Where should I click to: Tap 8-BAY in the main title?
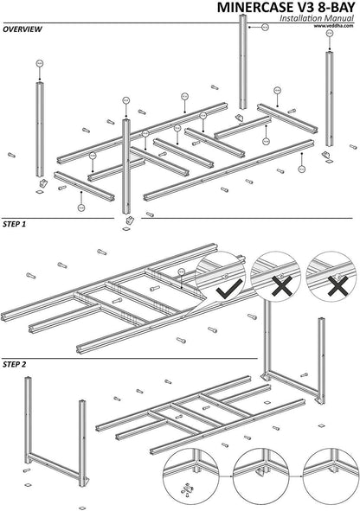(x=329, y=8)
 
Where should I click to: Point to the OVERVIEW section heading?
(x=22, y=29)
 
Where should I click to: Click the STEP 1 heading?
(x=15, y=224)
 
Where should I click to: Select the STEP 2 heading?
(x=15, y=365)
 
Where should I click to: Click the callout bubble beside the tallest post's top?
(x=265, y=28)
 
